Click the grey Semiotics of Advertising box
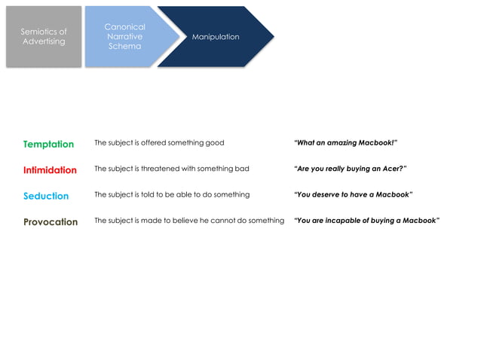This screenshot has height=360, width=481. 43,37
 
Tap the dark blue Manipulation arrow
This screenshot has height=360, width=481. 216,37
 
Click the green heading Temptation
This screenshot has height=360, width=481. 48,144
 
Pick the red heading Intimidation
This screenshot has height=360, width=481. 50,170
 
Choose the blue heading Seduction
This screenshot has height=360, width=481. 46,196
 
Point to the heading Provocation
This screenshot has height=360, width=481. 51,222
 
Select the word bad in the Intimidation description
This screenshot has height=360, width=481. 242,169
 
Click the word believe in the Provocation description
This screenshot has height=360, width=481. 194,221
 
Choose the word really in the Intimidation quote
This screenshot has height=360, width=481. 332,169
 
